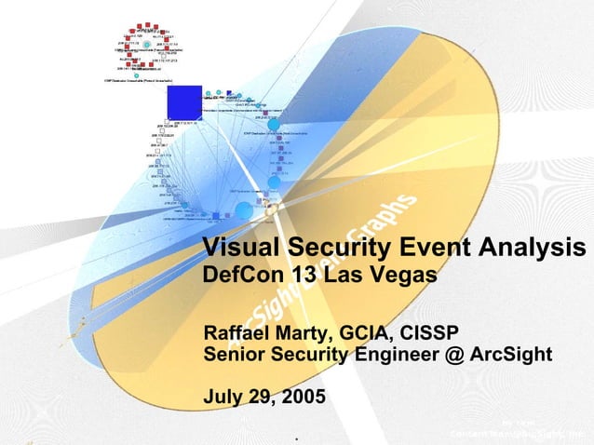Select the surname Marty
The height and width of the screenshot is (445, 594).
pyautogui.click(x=308, y=333)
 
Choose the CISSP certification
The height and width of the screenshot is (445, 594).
pyautogui.click(x=431, y=333)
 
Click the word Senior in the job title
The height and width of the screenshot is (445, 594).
pyautogui.click(x=235, y=355)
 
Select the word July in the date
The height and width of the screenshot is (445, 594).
pyautogui.click(x=223, y=398)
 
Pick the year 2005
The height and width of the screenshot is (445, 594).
pyautogui.click(x=301, y=398)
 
